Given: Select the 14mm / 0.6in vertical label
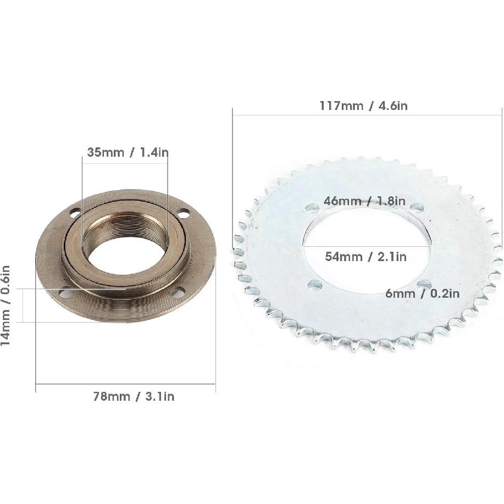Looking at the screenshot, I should tap(5, 305).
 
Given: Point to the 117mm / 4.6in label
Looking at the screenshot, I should tap(363, 106).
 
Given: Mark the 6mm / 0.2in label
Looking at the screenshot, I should tap(422, 293).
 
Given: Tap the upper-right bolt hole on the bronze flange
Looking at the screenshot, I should tap(184, 213).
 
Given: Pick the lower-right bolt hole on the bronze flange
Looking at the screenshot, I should tap(178, 293).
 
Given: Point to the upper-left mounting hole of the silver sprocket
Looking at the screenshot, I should tap(312, 208).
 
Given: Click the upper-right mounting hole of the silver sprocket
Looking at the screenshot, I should tap(417, 207).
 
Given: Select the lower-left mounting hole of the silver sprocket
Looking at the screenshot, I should tap(314, 285).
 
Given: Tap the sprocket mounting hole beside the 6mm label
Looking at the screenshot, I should tap(423, 283).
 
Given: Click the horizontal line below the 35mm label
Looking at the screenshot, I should tap(125, 159).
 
